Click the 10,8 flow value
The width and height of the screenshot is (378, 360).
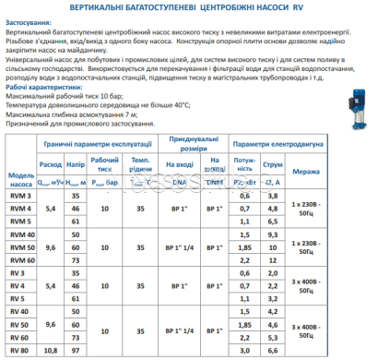53,351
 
